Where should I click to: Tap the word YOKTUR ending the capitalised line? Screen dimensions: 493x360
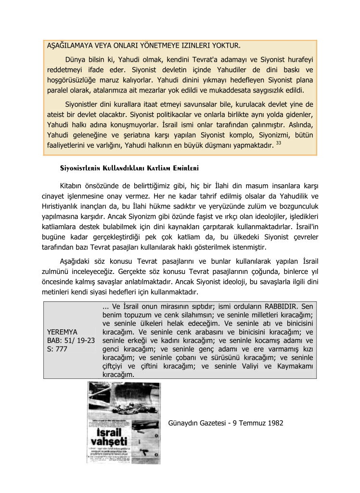coord(222,46)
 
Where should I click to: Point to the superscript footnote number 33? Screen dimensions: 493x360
coord(278,143)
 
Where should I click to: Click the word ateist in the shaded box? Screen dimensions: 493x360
coord(57,115)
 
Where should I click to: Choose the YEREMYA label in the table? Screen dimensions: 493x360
coord(63,332)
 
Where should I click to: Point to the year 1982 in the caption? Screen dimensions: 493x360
coord(274,423)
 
